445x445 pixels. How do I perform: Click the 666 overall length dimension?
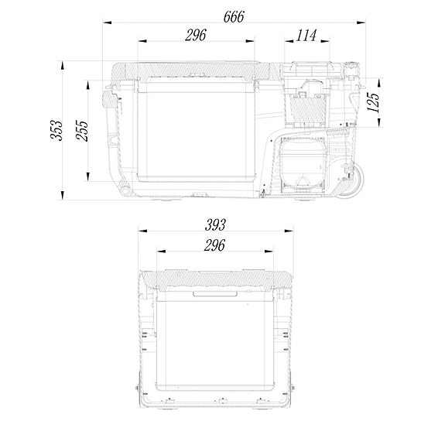(232, 16)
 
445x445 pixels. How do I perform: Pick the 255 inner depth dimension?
(81, 132)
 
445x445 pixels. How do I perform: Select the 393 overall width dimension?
(215, 225)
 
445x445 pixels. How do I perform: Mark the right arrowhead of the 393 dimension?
(291, 232)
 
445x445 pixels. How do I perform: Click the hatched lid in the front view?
(215, 280)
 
